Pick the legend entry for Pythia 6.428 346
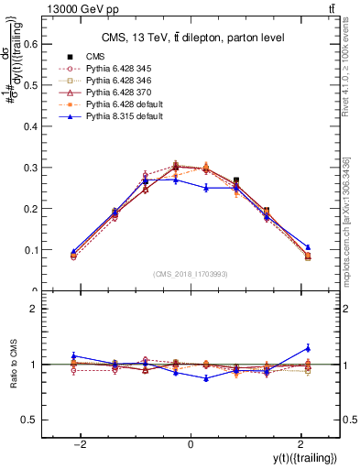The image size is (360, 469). (112, 81)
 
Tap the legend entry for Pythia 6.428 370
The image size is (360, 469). (112, 93)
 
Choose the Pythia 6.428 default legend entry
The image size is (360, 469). (117, 104)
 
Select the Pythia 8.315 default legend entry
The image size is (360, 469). (117, 116)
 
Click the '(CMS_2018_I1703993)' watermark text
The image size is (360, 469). (191, 272)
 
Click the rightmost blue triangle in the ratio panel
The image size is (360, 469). (308, 348)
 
